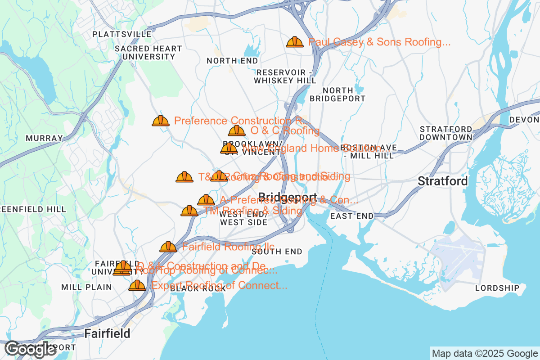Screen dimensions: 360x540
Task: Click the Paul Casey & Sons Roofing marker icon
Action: [x=295, y=42]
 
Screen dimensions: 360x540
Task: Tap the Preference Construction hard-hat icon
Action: [x=161, y=121]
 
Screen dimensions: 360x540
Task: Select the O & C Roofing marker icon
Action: [x=237, y=131]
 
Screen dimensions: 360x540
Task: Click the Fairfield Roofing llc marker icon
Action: [x=168, y=247]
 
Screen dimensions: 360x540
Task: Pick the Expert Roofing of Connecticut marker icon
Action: [x=137, y=285]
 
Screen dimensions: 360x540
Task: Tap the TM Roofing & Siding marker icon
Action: [x=189, y=211]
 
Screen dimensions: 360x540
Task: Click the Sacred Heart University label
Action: [x=148, y=53]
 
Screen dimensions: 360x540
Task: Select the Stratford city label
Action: [x=443, y=181]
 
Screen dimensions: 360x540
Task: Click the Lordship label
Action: [x=497, y=288]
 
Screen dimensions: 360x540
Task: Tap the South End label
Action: [x=277, y=252]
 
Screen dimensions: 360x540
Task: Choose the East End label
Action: [x=352, y=216]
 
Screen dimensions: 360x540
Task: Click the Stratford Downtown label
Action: [x=446, y=133]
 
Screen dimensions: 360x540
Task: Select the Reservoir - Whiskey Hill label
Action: [x=285, y=77]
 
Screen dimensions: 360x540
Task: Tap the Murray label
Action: [x=44, y=138]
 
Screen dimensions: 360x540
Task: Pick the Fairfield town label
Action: [x=108, y=333]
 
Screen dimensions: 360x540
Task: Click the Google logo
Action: [x=31, y=349]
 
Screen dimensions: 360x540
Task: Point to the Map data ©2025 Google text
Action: [x=484, y=353]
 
